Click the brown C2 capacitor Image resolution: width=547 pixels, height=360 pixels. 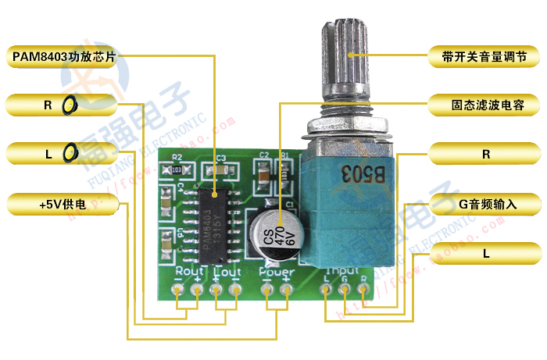[x=264, y=176]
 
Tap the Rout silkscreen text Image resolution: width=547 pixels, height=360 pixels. [x=190, y=272]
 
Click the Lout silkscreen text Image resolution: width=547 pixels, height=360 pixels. [x=227, y=272]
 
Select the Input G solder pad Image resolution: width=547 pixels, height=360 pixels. [x=345, y=290]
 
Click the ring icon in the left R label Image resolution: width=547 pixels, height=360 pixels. [x=70, y=104]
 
